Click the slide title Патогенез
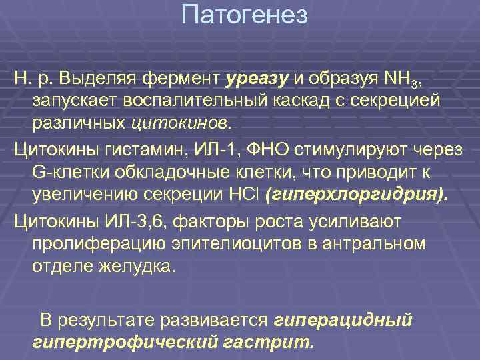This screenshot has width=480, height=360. [x=245, y=15]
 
